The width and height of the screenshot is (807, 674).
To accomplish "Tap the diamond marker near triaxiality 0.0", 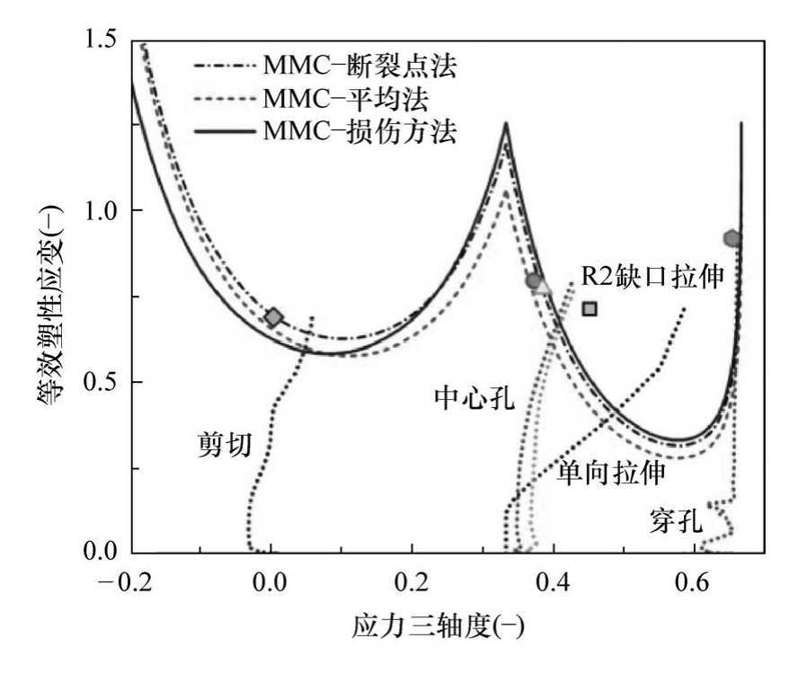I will coord(274,316).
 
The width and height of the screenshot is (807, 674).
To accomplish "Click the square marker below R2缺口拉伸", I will coord(590,309).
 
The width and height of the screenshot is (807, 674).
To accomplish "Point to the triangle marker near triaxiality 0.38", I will coord(543,286).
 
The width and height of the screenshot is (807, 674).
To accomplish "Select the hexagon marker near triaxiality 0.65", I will coord(732,238).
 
